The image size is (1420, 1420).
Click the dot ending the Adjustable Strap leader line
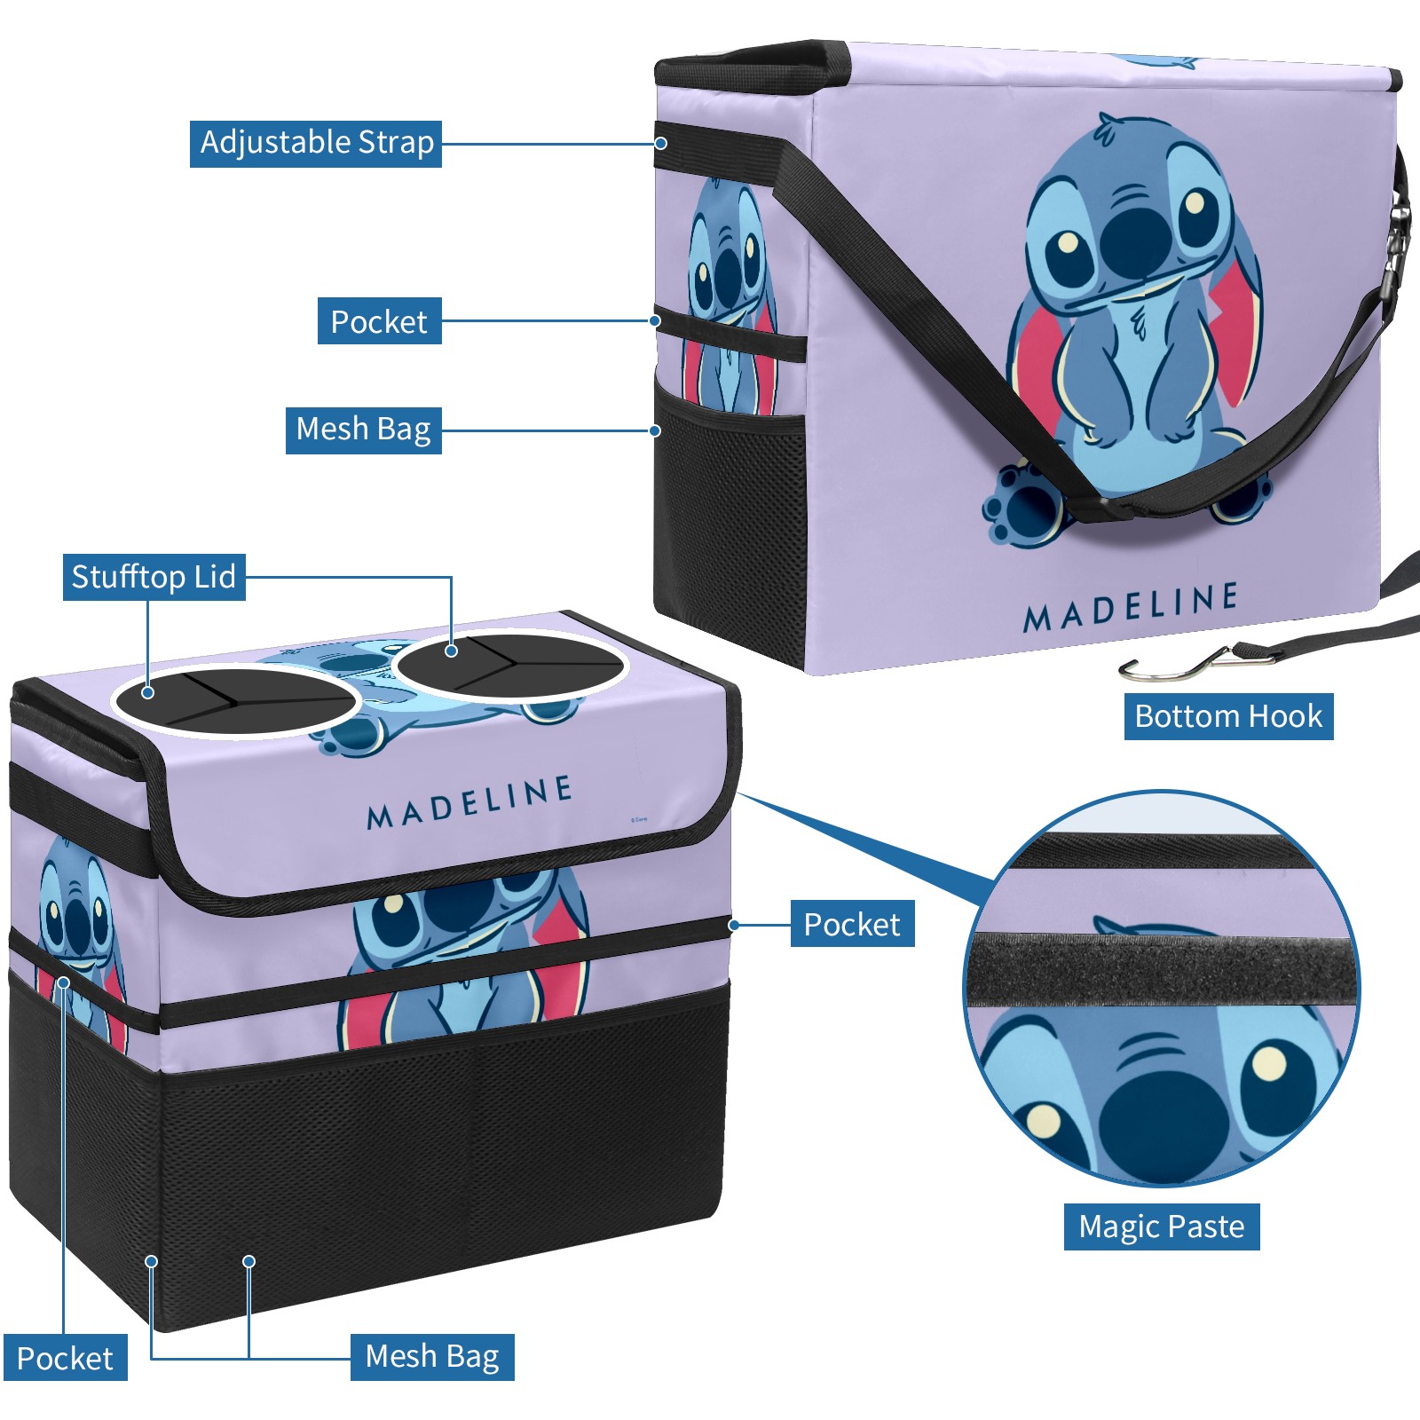pyautogui.click(x=661, y=143)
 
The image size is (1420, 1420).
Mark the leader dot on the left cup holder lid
pyautogui.click(x=148, y=692)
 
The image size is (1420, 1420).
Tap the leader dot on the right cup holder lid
pyautogui.click(x=451, y=651)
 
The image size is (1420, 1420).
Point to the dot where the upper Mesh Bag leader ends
pyautogui.click(x=655, y=430)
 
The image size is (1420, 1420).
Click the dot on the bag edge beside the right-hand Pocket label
pyautogui.click(x=734, y=925)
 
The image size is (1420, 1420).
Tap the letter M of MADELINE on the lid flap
pyautogui.click(x=379, y=816)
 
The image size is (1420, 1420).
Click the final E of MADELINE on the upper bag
pyautogui.click(x=1227, y=597)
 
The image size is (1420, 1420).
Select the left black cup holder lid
pyautogui.click(x=235, y=700)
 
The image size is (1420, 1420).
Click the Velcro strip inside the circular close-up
pyautogui.click(x=1162, y=969)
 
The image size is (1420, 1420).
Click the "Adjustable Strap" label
pyautogui.click(x=316, y=143)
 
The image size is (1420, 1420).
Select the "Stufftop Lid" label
pyautogui.click(x=154, y=577)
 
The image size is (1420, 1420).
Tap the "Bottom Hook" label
pyautogui.click(x=1228, y=716)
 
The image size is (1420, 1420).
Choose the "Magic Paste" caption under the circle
pyautogui.click(x=1162, y=1227)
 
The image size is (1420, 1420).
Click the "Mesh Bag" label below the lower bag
pyautogui.click(x=432, y=1357)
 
